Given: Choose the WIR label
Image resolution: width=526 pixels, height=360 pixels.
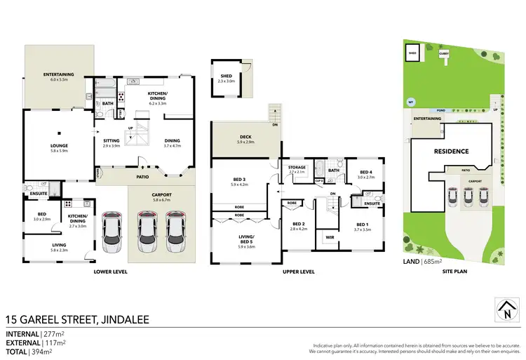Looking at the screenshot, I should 329,238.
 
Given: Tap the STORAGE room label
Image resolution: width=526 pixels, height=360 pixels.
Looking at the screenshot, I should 297,167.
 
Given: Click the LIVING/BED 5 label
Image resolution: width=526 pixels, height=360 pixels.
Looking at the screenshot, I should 244,242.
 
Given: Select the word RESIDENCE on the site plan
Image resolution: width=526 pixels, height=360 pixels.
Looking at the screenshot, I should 450,151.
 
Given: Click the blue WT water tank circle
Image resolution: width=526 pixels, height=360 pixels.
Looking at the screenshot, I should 410,102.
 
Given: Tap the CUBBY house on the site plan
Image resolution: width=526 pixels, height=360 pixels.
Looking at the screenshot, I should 444,53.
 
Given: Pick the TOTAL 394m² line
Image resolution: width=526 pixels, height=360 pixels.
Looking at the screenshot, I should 31,352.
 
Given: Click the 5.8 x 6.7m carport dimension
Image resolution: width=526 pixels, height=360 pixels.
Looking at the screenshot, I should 162,199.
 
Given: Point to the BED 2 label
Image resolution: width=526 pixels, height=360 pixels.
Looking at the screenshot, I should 299,225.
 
